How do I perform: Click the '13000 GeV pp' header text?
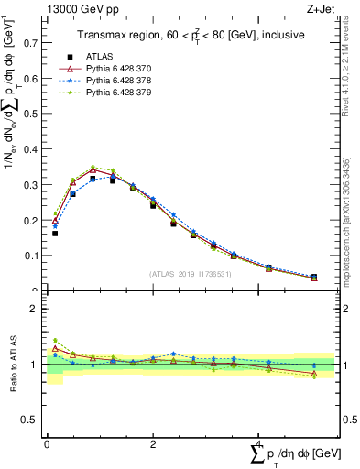[74, 8]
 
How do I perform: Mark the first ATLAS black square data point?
[55, 234]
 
